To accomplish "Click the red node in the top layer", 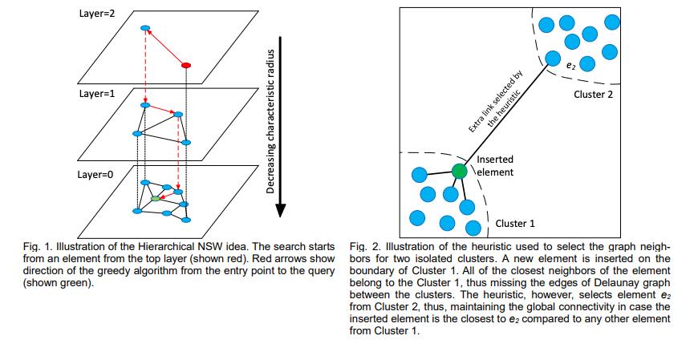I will (187, 64).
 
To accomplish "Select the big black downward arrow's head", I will (281, 210).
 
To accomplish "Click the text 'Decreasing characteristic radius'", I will (271, 121).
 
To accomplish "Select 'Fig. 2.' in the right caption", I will (367, 246).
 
